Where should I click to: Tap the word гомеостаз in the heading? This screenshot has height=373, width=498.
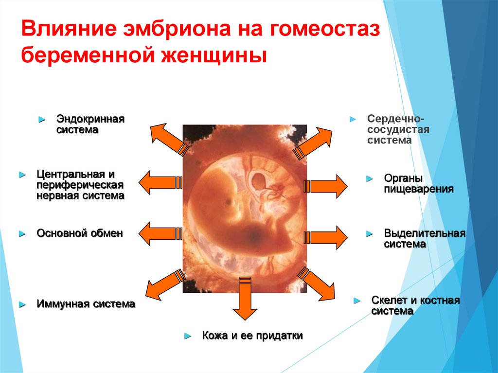[x=321, y=30]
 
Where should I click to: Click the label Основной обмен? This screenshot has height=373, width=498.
[x=80, y=233]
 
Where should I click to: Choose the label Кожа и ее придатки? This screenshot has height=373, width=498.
[x=252, y=336]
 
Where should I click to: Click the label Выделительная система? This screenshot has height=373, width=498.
[x=425, y=239]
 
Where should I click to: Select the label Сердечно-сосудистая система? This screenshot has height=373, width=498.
[x=398, y=129]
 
